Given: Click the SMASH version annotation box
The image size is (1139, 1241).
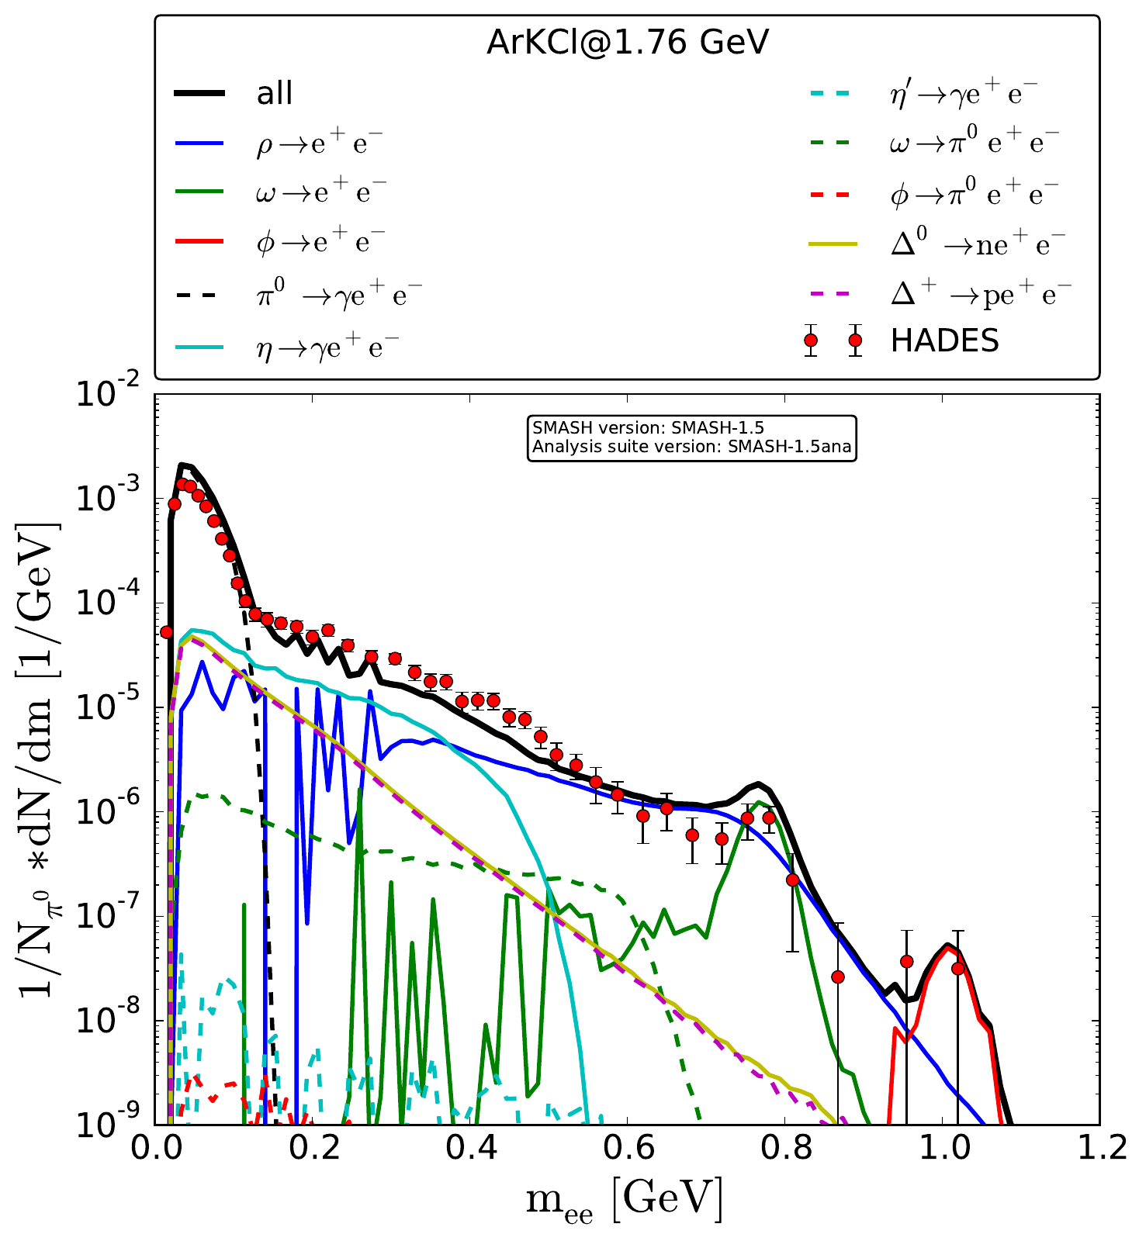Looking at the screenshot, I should point(691,438).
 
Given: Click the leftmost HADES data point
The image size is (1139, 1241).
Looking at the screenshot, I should point(166,632).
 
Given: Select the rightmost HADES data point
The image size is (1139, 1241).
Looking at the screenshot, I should point(957,968).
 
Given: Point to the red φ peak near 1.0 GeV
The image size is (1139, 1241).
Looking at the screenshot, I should point(947,946).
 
